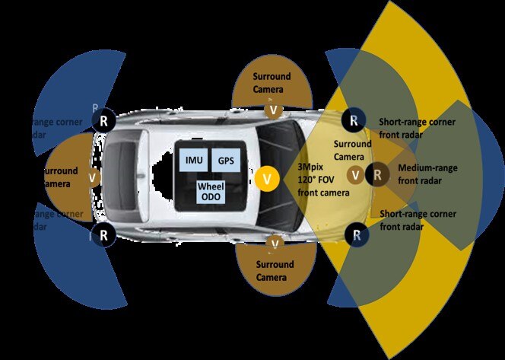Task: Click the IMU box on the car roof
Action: (193, 161)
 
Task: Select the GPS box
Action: (225, 161)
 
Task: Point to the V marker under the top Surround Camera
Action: (272, 110)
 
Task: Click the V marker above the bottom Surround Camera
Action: (274, 243)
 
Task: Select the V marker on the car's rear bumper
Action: (93, 177)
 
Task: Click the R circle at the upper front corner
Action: (353, 119)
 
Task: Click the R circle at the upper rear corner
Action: (104, 119)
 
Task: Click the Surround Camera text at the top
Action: (273, 84)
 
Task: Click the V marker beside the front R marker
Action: (354, 175)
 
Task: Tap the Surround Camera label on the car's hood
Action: (353, 150)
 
